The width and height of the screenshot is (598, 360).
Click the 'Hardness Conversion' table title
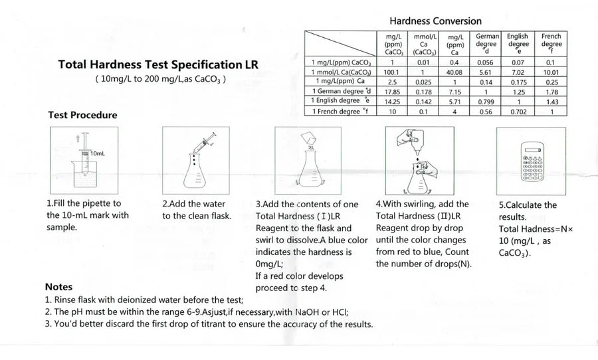point(435,21)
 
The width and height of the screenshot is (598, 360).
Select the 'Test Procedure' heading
point(82,115)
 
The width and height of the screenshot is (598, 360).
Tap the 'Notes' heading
point(58,287)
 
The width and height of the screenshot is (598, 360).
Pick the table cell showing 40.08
point(454,72)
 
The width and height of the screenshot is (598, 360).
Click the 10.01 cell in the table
point(551,72)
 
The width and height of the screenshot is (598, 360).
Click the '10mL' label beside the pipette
point(97,153)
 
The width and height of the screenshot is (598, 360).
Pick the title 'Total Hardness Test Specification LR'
point(158,65)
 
